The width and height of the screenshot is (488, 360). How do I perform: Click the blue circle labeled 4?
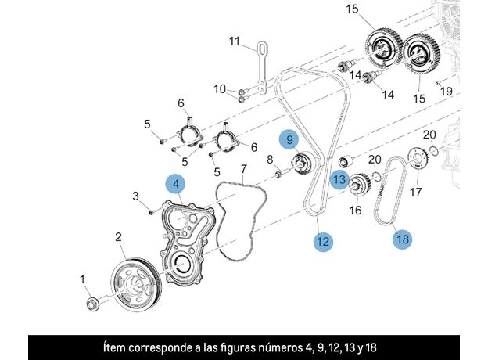click(x=176, y=185)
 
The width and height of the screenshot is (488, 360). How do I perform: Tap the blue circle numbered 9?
click(x=289, y=140)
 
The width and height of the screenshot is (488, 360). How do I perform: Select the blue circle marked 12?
click(x=323, y=242)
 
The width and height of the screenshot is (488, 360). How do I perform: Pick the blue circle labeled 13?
click(x=339, y=179)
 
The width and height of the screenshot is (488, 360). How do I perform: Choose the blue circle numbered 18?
click(x=402, y=238)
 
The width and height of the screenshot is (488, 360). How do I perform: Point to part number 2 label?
click(x=118, y=236)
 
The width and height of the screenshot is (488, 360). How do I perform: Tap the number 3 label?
click(x=135, y=196)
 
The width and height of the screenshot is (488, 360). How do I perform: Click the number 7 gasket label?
click(x=243, y=168)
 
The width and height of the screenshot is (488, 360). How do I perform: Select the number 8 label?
click(x=270, y=160)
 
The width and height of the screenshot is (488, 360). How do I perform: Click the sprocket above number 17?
click(x=416, y=163)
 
